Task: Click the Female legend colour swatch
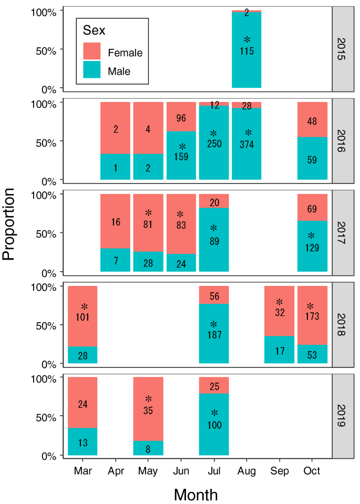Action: point(92,52)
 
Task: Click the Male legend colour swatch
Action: point(92,70)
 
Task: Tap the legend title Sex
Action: point(94,30)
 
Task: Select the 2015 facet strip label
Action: point(340,48)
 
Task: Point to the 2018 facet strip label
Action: point(340,324)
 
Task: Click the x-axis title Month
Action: point(196,494)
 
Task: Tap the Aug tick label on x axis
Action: point(246,471)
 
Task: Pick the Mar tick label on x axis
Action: point(83,471)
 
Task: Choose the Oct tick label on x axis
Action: point(312,471)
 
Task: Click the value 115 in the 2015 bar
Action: point(246,52)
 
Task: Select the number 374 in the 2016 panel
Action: point(246,145)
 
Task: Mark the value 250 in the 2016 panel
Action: point(214,145)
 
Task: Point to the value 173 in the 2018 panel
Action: point(312,317)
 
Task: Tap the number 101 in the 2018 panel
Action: point(83,317)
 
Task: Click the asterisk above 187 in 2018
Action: point(214,324)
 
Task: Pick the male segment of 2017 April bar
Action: point(116,260)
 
